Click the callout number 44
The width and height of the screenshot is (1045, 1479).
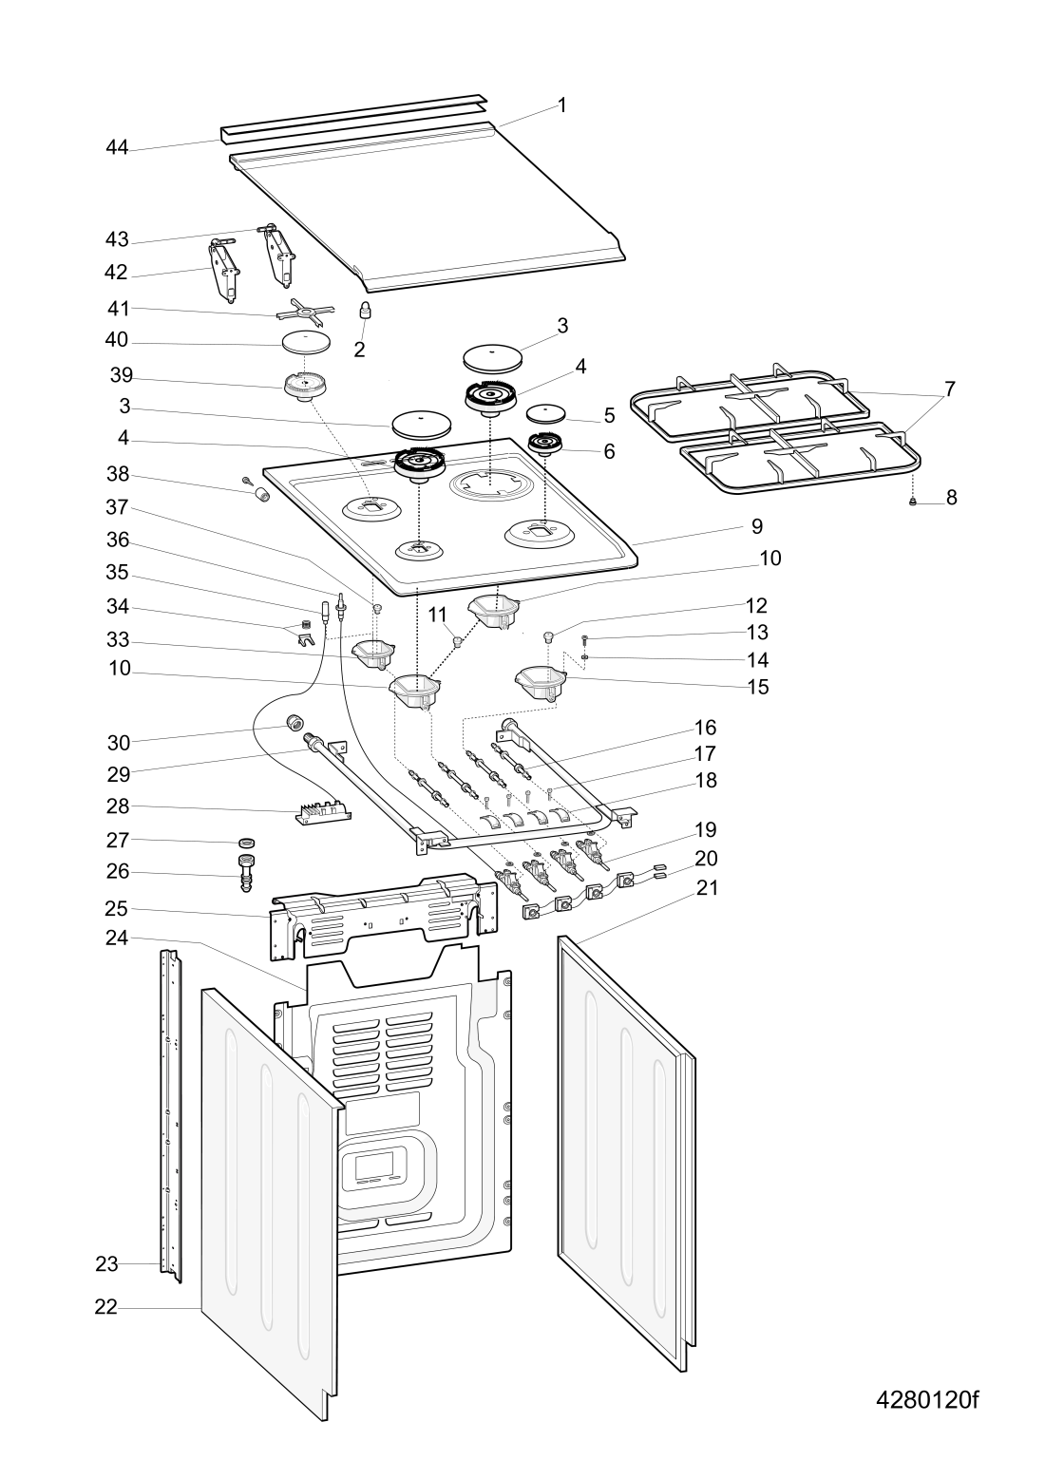pyautogui.click(x=117, y=148)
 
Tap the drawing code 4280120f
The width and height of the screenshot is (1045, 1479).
pyautogui.click(x=926, y=1401)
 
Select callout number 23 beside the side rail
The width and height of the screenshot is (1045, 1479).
pyautogui.click(x=105, y=1264)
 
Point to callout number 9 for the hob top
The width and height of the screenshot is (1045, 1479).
pyautogui.click(x=756, y=525)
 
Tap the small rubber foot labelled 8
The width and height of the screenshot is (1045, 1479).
pyautogui.click(x=913, y=502)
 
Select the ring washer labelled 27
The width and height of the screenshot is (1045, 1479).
pyautogui.click(x=247, y=842)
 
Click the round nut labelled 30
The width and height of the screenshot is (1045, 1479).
pyautogui.click(x=294, y=725)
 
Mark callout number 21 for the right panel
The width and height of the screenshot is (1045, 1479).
pyautogui.click(x=707, y=888)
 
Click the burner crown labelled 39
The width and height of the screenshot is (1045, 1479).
pyautogui.click(x=306, y=387)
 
